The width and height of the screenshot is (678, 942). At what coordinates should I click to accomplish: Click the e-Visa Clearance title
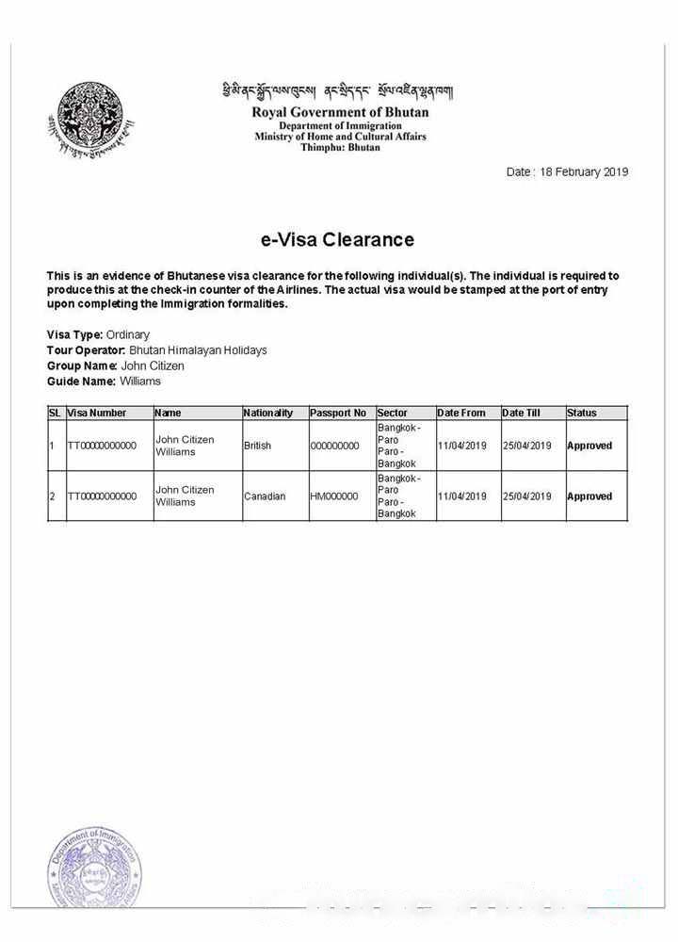[x=337, y=239]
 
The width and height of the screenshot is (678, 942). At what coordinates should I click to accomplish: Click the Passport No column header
[x=337, y=413]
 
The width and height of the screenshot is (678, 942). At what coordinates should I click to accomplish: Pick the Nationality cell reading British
[x=257, y=446]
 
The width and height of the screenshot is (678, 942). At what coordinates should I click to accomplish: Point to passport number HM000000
[x=333, y=496]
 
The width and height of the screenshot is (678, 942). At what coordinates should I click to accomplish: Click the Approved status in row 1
[x=589, y=446]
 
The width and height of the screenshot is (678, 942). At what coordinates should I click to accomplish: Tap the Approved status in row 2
[x=589, y=496]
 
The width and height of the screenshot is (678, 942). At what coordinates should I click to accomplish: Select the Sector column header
[x=392, y=413]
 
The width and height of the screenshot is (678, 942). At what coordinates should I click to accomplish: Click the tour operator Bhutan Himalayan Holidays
[x=198, y=350]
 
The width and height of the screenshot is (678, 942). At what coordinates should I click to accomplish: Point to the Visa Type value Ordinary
[x=127, y=334]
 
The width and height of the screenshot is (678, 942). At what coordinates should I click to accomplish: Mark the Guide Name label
[x=81, y=382]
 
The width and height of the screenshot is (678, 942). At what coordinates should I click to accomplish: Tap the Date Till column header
[x=521, y=413]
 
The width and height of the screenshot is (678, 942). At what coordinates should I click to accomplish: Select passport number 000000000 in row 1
[x=334, y=446]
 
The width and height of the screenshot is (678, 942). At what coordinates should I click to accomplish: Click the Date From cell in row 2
[x=461, y=496]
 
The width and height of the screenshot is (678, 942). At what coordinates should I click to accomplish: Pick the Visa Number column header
[x=96, y=413]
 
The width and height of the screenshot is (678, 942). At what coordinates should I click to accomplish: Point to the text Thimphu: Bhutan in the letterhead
[x=340, y=148]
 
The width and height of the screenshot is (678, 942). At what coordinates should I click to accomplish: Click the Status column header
[x=581, y=413]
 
